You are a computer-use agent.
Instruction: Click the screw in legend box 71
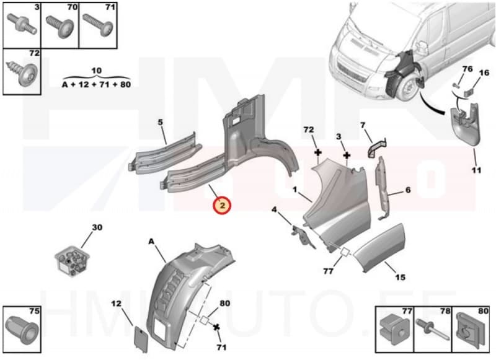[x=98, y=24]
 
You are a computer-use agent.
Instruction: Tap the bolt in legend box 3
[x=20, y=24]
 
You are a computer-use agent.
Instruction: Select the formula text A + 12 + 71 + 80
[x=96, y=84]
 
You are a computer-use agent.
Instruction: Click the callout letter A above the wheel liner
[x=150, y=242]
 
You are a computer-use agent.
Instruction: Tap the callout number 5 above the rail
[x=160, y=122]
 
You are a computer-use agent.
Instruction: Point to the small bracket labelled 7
[x=376, y=149]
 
